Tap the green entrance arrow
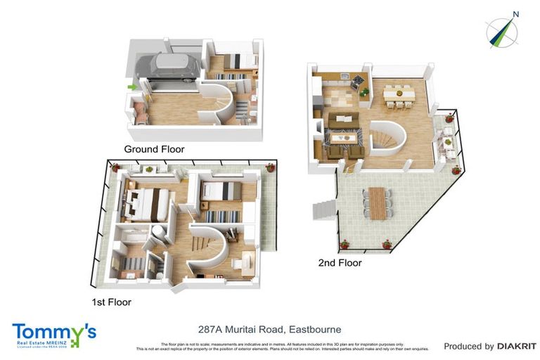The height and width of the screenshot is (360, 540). [131, 87]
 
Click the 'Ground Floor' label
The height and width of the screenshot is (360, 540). [154, 149]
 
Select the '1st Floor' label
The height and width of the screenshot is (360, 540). [111, 302]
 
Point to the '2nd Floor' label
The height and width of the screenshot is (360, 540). [340, 263]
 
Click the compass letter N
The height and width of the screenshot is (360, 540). [515, 13]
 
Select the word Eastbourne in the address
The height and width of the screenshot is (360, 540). [314, 329]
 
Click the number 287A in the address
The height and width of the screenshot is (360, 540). [212, 329]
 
